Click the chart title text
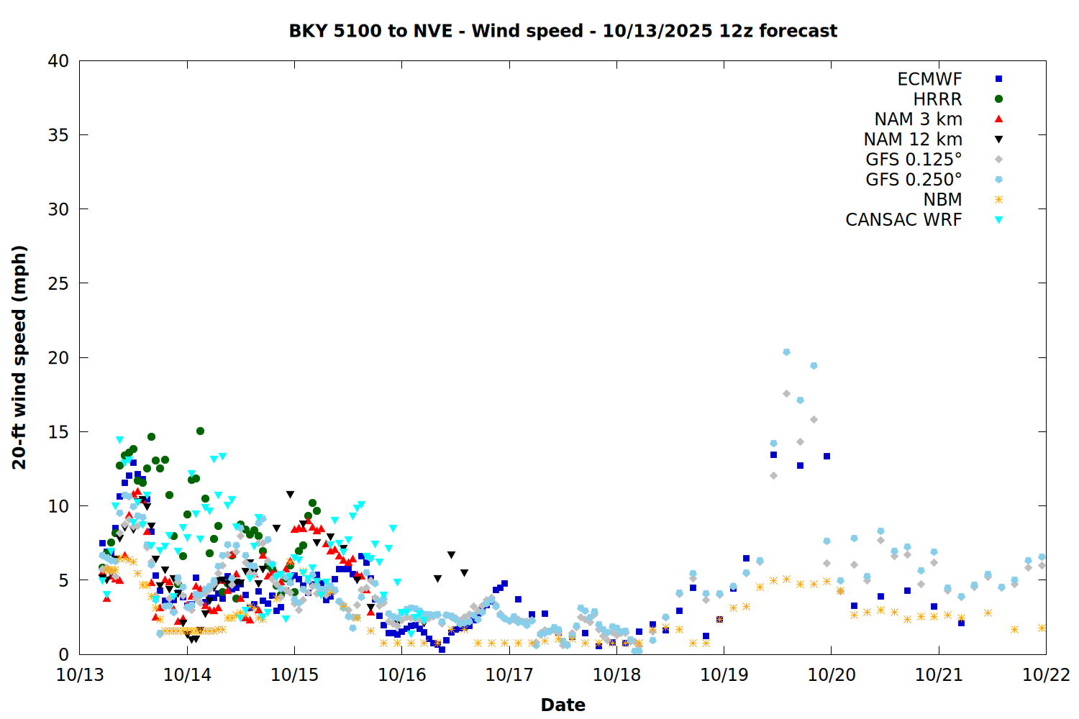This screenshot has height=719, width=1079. point(563,31)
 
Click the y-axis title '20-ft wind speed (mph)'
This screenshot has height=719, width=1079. point(19,357)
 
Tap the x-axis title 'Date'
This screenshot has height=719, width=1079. point(563,705)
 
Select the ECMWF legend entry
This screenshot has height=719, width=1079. point(929,79)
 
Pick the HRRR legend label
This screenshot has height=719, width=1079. point(937,99)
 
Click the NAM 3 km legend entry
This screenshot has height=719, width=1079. point(918,119)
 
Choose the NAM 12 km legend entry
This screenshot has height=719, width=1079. point(913,139)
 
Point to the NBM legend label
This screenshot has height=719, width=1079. point(942,200)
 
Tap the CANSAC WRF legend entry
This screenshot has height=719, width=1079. point(903,220)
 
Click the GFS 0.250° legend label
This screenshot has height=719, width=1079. point(914,180)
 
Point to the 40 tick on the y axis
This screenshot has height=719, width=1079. point(58,61)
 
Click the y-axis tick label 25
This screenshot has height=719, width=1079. point(58,283)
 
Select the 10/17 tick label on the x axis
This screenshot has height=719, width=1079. point(509,675)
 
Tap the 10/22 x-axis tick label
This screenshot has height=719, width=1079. point(1046,675)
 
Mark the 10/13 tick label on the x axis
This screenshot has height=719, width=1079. point(80,675)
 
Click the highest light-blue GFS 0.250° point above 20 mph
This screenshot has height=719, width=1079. point(786,352)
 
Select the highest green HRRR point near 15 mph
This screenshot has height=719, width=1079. point(200,431)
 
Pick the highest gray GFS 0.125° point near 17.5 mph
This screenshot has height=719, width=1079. point(786,394)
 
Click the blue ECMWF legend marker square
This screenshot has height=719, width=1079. point(998,79)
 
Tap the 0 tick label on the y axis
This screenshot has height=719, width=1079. point(63,654)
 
